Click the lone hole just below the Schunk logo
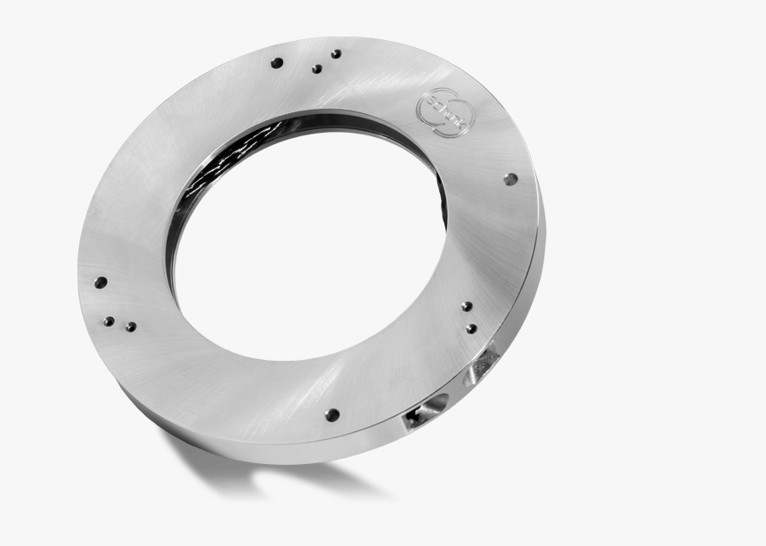coord(509,179)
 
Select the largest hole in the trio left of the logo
coord(277,63)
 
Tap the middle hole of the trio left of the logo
coord(316,69)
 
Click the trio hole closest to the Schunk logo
coord(336,53)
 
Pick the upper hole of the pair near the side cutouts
coord(467,306)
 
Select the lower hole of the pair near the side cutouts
coord(471,329)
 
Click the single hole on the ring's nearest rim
coord(331,414)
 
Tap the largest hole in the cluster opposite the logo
coord(101,282)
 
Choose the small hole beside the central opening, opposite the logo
coord(130,327)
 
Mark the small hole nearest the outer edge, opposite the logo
coord(108,321)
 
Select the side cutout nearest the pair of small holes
coord(486,360)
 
